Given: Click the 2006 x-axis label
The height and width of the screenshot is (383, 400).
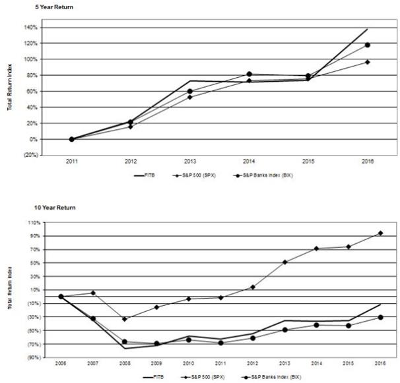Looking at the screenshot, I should coord(61,364).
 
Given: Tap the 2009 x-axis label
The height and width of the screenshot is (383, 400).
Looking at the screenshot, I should coord(156,364).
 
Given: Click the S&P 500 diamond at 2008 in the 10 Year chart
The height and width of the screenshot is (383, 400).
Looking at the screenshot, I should coord(125,319).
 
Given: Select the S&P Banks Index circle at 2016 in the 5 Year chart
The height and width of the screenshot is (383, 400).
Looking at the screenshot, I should coord(368,45).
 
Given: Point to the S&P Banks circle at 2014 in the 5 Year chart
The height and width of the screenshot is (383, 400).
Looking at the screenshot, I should coord(249,74).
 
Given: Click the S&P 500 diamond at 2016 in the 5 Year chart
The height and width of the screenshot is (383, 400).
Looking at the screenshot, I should coord(368,62).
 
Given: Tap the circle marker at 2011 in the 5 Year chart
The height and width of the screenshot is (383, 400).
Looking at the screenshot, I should coord(71,139).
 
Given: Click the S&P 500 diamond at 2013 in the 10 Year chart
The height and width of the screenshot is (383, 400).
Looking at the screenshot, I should coord(284,262).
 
